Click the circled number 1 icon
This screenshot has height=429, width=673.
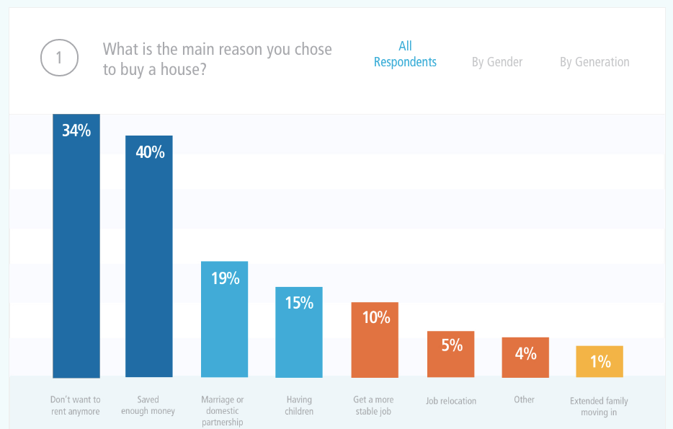[x=59, y=58]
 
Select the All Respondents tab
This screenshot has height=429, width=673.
[x=405, y=54]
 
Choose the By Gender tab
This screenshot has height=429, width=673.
[x=497, y=62]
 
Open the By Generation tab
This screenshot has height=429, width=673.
[x=594, y=62]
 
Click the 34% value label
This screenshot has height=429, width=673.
[x=76, y=131]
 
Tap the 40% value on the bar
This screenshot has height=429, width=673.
[x=150, y=152]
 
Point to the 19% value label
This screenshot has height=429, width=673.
[x=225, y=278]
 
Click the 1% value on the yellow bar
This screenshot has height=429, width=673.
[x=600, y=361]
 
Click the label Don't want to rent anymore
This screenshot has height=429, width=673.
[x=76, y=405]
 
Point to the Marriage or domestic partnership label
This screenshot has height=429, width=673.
[x=223, y=410]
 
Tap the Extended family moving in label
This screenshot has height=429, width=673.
[x=599, y=406]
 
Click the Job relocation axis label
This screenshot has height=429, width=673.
[x=451, y=400]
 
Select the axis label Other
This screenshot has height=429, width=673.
[x=525, y=399]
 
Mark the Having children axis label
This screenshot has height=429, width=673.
[x=299, y=405]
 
